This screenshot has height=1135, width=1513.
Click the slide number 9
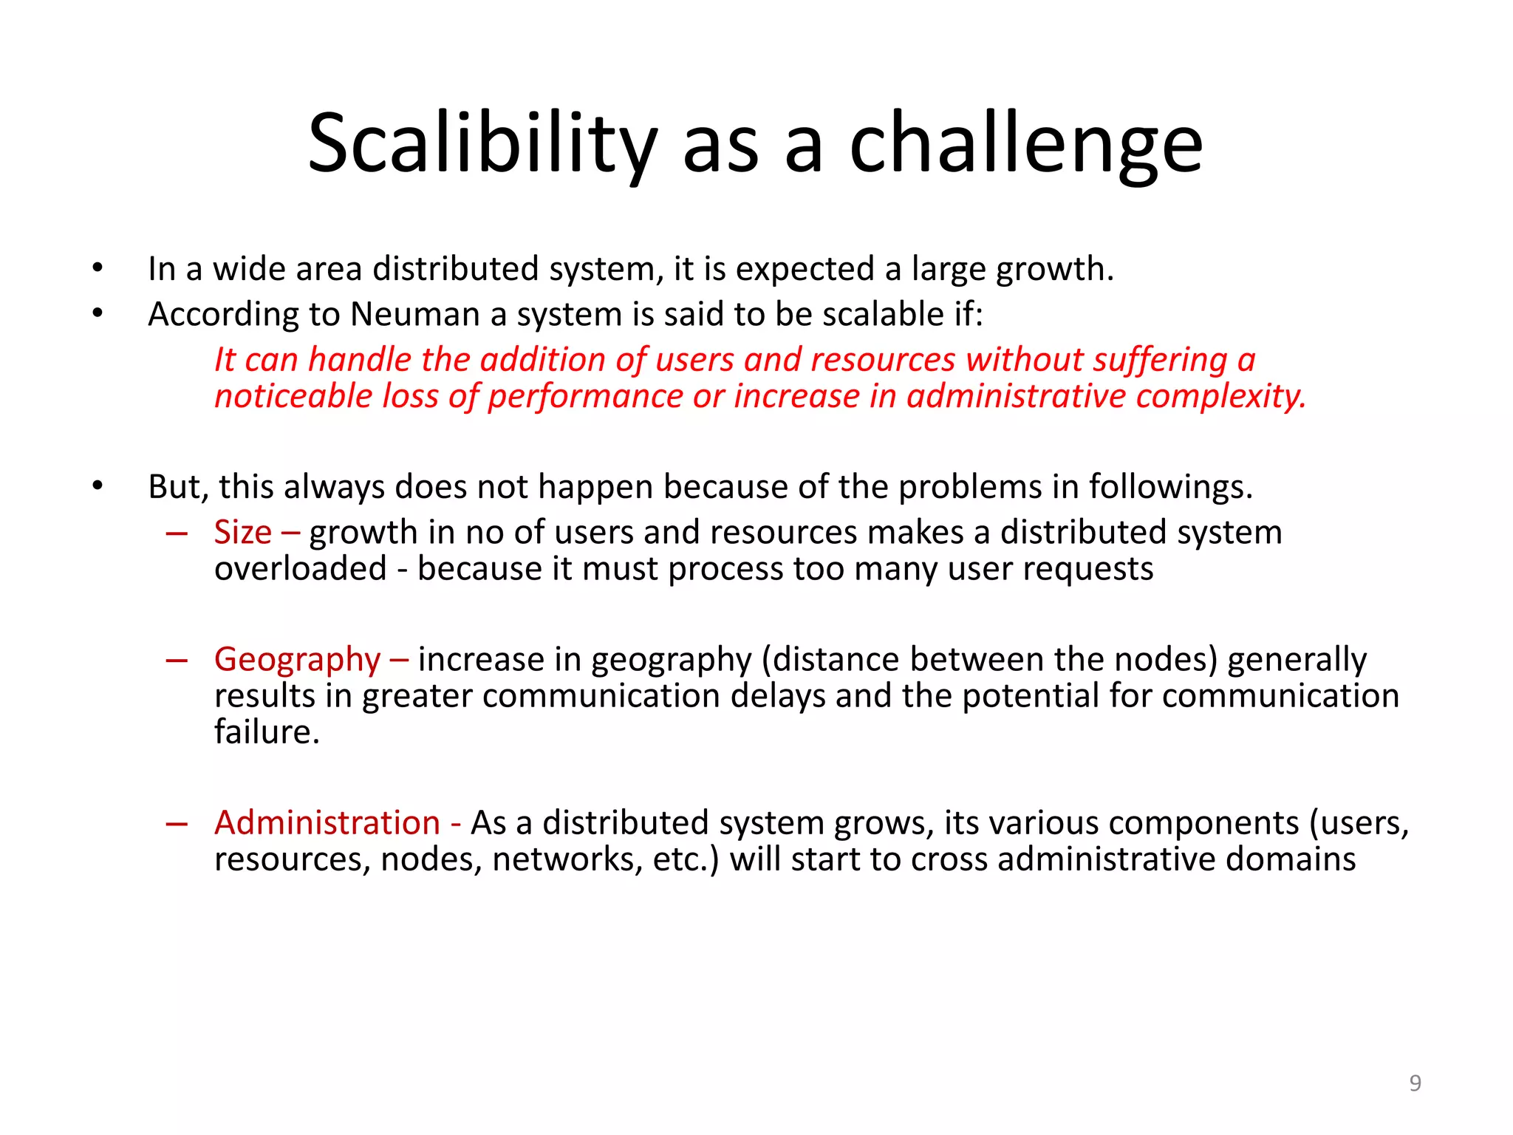click(x=1415, y=1083)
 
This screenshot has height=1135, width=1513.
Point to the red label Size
click(x=242, y=533)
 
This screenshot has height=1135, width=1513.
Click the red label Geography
click(x=297, y=659)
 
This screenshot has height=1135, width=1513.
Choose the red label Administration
click(x=327, y=823)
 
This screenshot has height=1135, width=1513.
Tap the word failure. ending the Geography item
click(x=267, y=732)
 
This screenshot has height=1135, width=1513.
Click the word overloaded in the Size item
click(x=300, y=569)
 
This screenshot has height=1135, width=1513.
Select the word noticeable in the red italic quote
click(x=293, y=397)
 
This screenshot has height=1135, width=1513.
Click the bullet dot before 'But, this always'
click(x=98, y=486)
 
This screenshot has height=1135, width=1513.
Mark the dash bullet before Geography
click(x=177, y=660)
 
